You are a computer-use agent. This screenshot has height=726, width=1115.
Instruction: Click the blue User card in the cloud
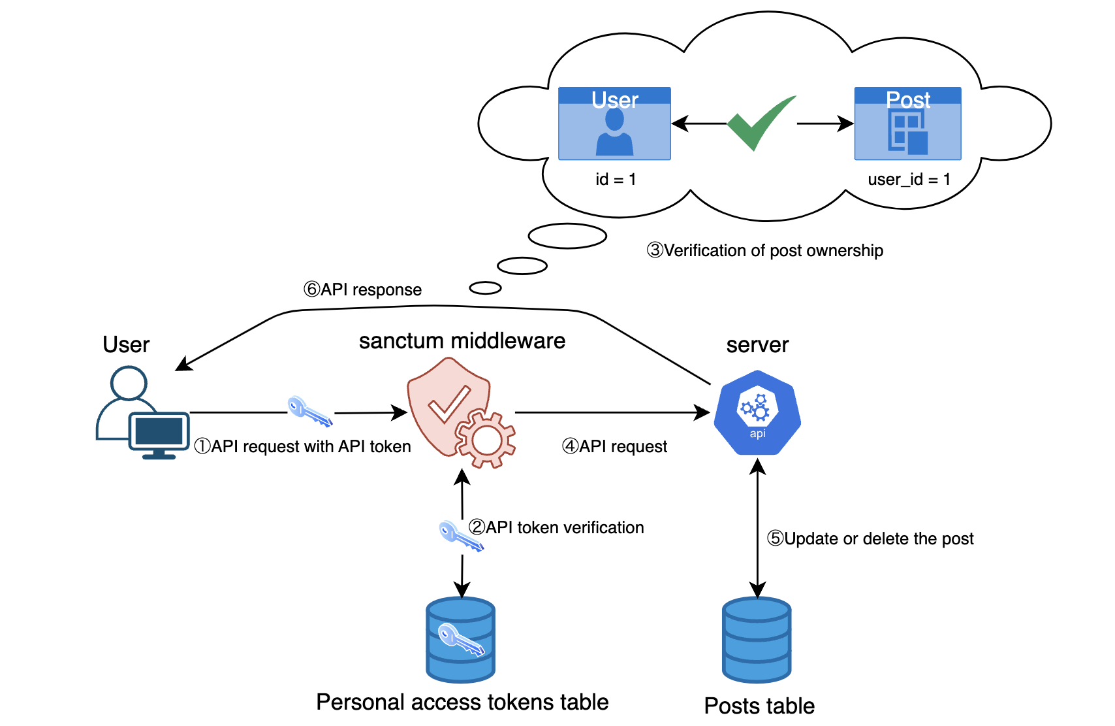[614, 124]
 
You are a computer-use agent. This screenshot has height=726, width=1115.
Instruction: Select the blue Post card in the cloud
[907, 124]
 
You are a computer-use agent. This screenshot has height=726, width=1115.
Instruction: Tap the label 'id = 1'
[616, 180]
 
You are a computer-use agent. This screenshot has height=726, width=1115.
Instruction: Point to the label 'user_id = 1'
[909, 180]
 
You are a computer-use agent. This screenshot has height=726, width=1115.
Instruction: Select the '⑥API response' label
[363, 289]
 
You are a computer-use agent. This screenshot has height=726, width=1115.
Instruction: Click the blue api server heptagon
[757, 413]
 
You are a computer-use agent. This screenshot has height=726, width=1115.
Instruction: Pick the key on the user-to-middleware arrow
[310, 412]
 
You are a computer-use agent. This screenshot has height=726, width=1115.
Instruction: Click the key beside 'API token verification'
[460, 536]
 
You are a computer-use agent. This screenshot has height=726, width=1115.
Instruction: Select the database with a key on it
[461, 640]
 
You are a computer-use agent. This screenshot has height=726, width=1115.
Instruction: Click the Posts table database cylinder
[757, 640]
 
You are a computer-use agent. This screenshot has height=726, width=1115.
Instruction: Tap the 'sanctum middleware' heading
[462, 341]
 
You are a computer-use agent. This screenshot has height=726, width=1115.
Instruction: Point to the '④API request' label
[615, 447]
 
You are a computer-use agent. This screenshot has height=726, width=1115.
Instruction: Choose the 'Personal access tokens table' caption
[462, 702]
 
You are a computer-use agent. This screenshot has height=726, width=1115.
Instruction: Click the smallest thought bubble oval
[485, 288]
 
